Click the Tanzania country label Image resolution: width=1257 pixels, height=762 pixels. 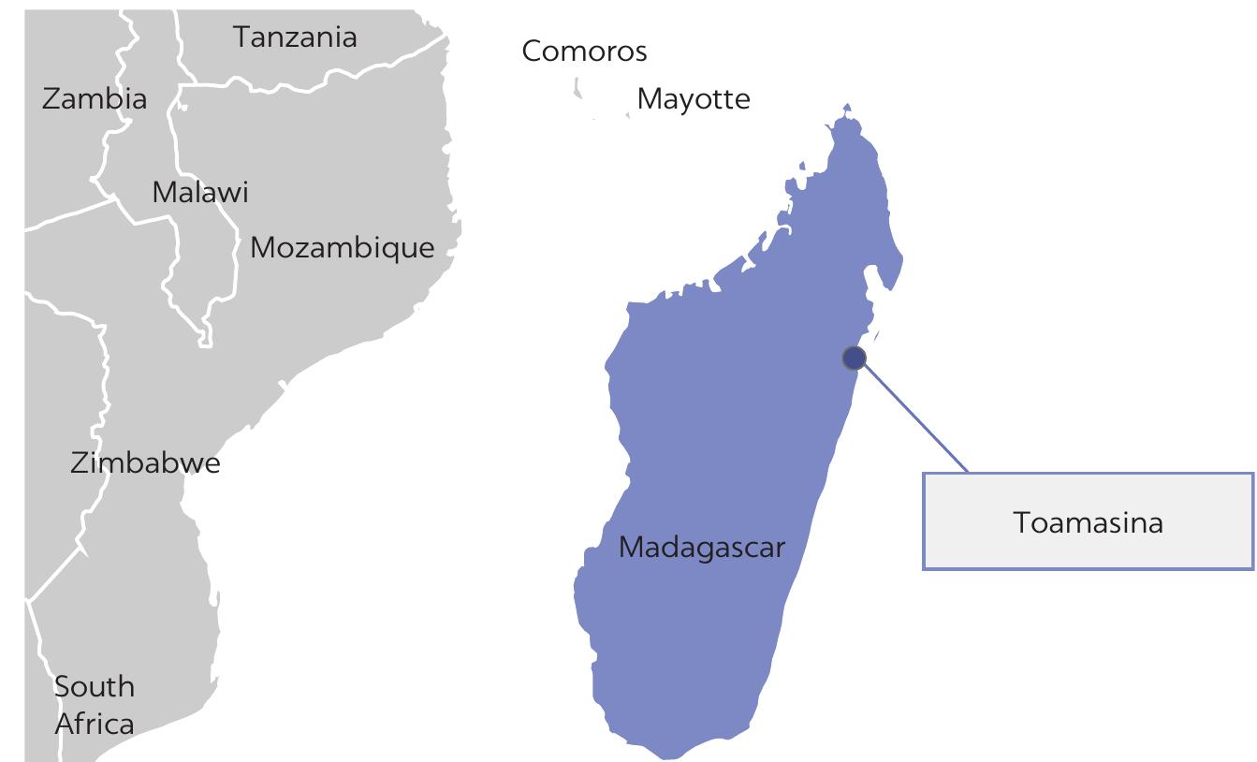click(295, 37)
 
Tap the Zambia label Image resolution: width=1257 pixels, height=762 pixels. click(95, 99)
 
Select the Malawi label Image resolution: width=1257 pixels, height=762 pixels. click(200, 193)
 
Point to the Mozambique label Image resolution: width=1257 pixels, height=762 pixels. click(343, 248)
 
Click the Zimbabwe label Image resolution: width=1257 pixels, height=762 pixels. click(145, 462)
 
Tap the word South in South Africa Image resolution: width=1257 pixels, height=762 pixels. click(94, 686)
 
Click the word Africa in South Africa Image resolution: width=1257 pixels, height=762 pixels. click(94, 724)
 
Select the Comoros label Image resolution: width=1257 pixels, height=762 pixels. click(584, 51)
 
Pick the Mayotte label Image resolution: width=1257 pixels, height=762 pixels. click(694, 99)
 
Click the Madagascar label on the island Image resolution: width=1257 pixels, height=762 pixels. click(702, 548)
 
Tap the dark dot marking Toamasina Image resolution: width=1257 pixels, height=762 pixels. click(854, 358)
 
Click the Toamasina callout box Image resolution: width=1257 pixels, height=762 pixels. click(1088, 543)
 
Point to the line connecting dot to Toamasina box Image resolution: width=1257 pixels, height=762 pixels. click(913, 413)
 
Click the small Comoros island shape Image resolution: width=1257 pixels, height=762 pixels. click(577, 89)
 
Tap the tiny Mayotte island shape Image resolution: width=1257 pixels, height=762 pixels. click(627, 114)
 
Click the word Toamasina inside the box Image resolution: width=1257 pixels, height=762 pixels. click(1088, 522)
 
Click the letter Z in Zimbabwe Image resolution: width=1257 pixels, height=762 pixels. click(79, 462)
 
